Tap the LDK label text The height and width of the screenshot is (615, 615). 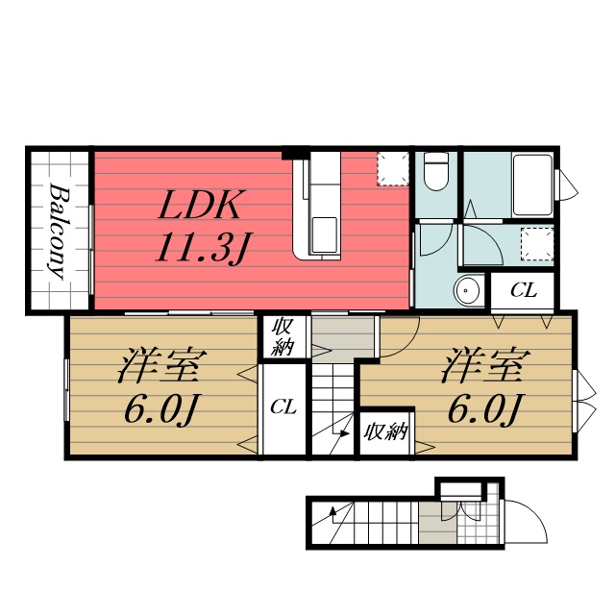(x=199, y=205)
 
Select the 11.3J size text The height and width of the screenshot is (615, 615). (x=204, y=247)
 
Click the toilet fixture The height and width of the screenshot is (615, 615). (x=436, y=171)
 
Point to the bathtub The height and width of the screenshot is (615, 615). (x=532, y=184)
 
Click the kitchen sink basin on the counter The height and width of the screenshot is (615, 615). (x=324, y=234)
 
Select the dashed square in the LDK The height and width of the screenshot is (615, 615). (x=393, y=169)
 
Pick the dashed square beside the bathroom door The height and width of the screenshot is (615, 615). (x=536, y=243)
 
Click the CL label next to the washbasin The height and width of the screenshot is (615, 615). (x=523, y=290)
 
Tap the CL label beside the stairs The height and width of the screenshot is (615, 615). (x=283, y=407)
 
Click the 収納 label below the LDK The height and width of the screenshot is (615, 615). (x=283, y=337)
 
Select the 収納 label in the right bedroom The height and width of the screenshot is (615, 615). (x=385, y=432)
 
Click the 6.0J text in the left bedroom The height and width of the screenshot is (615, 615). (x=160, y=409)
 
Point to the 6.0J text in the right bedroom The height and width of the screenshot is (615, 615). (x=484, y=409)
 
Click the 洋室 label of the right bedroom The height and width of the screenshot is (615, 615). (x=485, y=365)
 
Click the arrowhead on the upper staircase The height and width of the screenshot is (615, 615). (x=345, y=433)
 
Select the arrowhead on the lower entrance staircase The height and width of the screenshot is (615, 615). (x=333, y=510)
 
